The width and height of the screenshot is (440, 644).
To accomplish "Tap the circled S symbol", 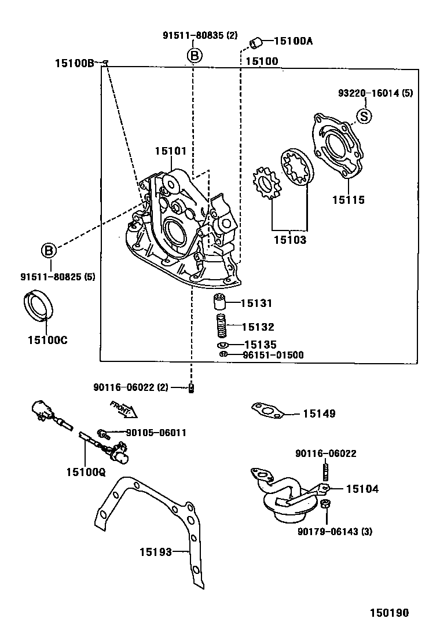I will [x=364, y=116].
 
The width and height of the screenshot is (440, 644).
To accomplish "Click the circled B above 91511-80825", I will [x=49, y=250].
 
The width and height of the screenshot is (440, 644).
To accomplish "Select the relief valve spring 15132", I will [x=221, y=327].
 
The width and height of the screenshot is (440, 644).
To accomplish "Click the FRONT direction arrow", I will [x=123, y=409].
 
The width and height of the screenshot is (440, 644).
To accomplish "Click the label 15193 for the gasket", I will [x=156, y=552].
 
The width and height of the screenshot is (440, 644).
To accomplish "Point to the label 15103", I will [x=290, y=239].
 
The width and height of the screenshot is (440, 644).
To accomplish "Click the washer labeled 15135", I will [x=223, y=345].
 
